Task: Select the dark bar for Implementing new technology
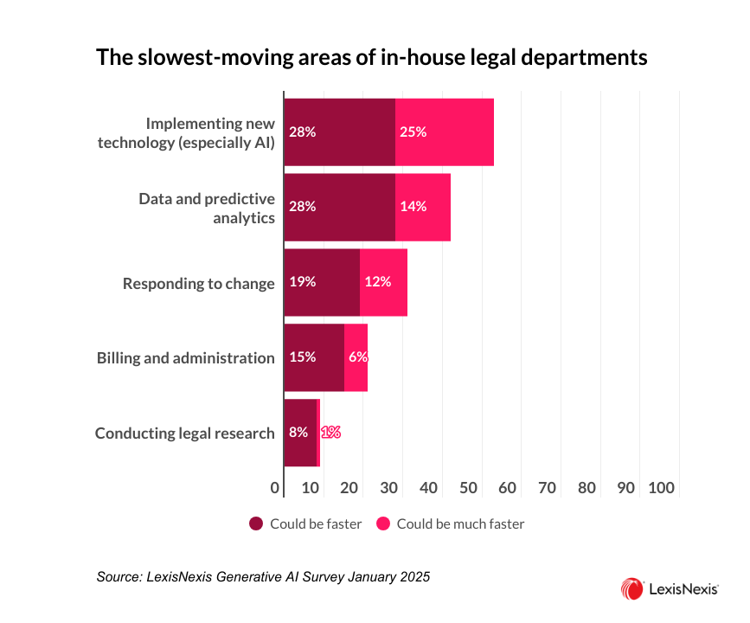(x=340, y=132)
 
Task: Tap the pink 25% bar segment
(x=445, y=132)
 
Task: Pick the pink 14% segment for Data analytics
(x=423, y=207)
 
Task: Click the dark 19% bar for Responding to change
(x=322, y=282)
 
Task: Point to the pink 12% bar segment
(x=383, y=282)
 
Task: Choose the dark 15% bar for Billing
(x=314, y=357)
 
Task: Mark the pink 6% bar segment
(x=356, y=357)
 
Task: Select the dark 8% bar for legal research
(x=300, y=433)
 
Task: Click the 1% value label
(x=330, y=433)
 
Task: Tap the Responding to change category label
(x=198, y=283)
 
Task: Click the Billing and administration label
(x=185, y=358)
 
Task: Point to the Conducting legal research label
(x=184, y=433)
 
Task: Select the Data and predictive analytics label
(x=207, y=208)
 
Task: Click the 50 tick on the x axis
(x=467, y=488)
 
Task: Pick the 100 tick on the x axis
(x=662, y=488)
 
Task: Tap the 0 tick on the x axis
(x=275, y=488)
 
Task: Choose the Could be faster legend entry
(x=305, y=523)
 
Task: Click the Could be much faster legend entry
(x=450, y=523)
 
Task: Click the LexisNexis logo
(x=669, y=590)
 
